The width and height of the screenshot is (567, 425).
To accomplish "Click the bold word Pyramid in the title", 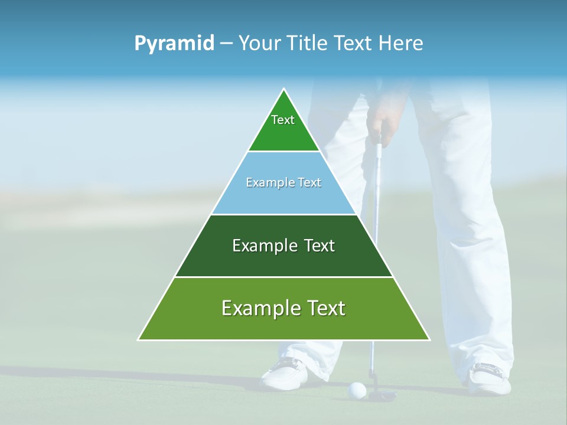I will (174, 44).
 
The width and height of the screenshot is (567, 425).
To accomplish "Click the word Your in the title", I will (259, 44).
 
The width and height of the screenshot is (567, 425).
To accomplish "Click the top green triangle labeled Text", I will (283, 127).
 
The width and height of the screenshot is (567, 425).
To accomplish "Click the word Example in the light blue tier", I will (265, 182).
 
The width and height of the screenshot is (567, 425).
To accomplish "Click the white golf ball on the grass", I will (357, 389).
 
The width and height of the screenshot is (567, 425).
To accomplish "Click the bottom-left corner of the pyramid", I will (138, 340).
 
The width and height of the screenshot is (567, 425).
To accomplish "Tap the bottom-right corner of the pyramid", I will (429, 340).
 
